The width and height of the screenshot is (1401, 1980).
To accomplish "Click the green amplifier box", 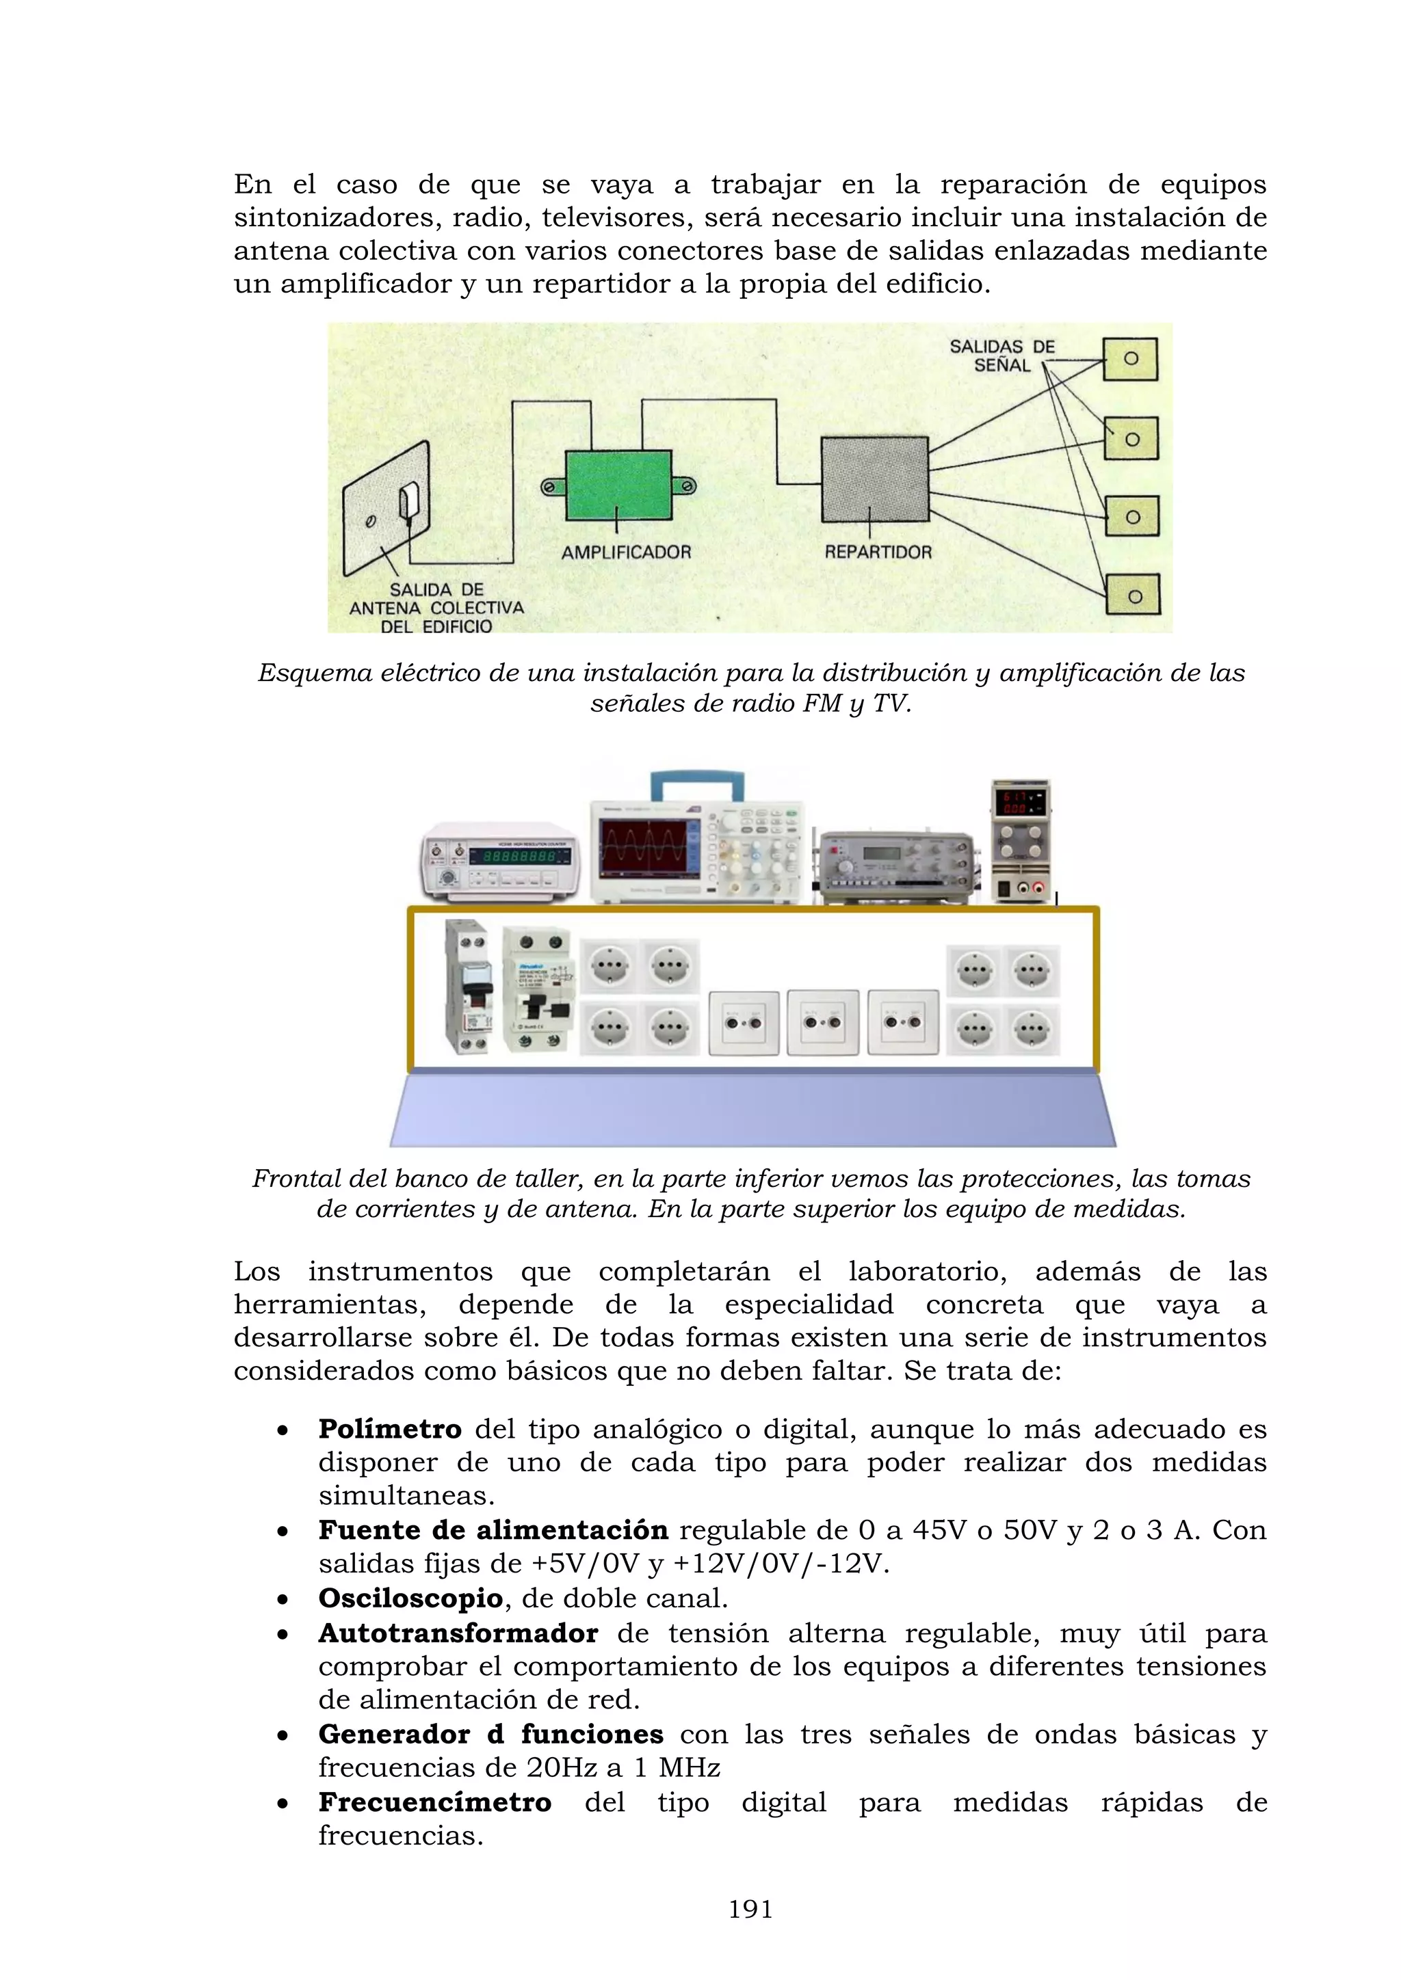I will (x=618, y=485).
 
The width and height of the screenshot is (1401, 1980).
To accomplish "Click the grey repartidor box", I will (x=874, y=479).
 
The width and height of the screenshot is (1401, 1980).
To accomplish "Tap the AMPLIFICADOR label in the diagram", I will (x=627, y=552).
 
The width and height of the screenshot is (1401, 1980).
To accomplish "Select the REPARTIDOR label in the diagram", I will (x=878, y=552).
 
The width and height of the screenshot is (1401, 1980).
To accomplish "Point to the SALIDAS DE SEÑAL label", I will (x=1001, y=356).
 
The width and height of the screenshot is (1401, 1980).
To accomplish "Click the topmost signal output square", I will (x=1130, y=359).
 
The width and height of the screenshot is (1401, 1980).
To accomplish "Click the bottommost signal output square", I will (x=1134, y=595).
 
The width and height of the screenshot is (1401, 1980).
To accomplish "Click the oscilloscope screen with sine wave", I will (x=644, y=848).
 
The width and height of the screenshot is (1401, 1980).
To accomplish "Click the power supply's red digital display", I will (x=1021, y=802).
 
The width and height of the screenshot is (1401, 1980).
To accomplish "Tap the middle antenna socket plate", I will (x=823, y=1023).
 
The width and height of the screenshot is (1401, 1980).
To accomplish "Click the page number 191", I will (x=750, y=1910).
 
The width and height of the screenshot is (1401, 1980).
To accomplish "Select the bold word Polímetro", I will (x=390, y=1429).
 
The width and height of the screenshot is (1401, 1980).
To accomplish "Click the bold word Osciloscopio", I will (x=410, y=1598).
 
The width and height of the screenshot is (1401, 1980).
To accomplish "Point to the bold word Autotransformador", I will (x=458, y=1633).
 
